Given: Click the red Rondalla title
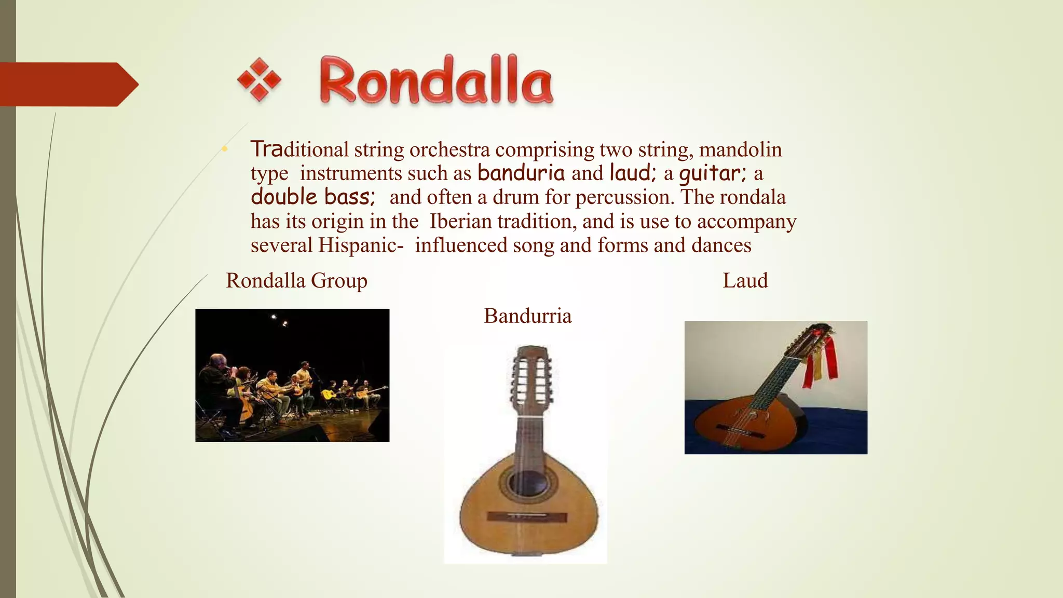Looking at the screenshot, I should (436, 81).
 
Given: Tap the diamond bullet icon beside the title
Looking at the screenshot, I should (259, 80).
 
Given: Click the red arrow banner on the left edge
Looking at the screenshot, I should (67, 84).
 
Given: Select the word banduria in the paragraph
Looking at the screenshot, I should (521, 173).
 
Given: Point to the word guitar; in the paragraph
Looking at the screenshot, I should (713, 173).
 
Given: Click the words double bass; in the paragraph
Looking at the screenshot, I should (312, 197).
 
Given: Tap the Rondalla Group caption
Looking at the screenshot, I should (296, 281).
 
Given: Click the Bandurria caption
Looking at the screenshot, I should (527, 316).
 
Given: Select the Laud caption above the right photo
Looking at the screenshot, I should (745, 281).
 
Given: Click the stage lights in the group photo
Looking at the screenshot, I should (279, 319).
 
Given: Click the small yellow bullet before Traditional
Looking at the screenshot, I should (224, 150).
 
